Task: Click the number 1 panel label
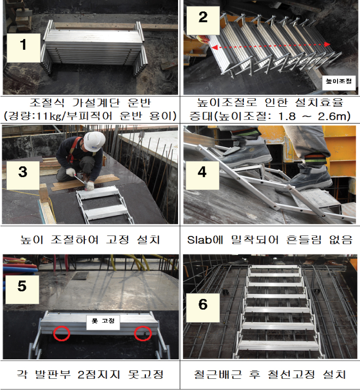click(x=23, y=48)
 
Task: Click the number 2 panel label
click(x=203, y=20)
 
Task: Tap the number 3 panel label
click(x=23, y=176)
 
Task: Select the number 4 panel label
click(x=202, y=176)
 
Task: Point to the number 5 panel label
click(x=22, y=289)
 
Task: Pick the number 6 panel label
click(x=203, y=308)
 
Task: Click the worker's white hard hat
click(x=94, y=141)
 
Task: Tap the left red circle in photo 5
click(x=61, y=333)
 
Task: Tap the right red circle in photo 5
click(x=143, y=333)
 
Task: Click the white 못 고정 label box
click(x=103, y=322)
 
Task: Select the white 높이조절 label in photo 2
click(x=339, y=81)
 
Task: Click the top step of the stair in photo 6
click(x=275, y=267)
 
